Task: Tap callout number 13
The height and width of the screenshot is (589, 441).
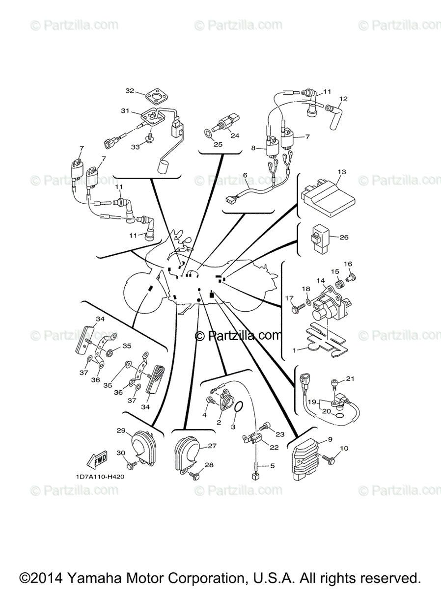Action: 342,172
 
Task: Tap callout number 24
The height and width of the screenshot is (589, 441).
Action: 235,135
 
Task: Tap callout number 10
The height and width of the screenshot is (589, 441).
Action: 344,448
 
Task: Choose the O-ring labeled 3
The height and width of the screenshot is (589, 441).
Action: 239,407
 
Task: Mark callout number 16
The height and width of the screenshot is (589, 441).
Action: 348,264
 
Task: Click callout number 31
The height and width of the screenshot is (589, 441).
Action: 125,111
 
